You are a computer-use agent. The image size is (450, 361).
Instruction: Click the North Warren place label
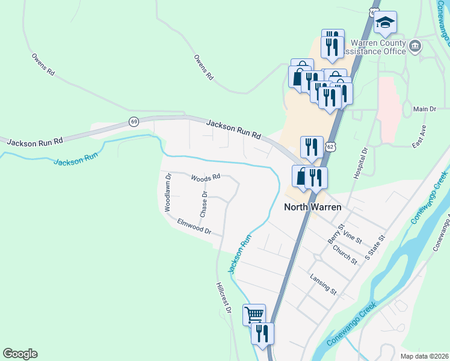[x=313, y=207]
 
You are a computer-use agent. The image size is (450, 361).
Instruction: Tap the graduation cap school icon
[x=385, y=23]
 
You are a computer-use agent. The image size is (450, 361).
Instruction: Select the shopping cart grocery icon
[x=254, y=313]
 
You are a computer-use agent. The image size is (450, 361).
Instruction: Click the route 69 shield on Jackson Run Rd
[x=134, y=122]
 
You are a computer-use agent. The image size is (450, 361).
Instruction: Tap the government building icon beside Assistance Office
[x=415, y=46]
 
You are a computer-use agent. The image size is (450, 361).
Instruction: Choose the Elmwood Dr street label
[x=194, y=227]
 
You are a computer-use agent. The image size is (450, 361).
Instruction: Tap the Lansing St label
[x=324, y=283]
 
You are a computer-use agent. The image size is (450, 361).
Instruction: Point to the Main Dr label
[x=425, y=109]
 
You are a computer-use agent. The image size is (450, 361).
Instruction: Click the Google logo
[x=20, y=354]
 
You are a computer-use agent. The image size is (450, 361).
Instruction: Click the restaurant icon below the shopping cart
[x=262, y=332]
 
